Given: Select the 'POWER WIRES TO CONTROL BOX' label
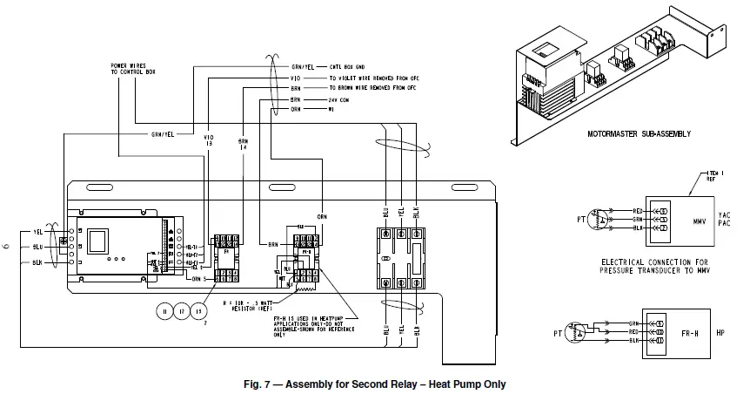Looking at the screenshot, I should point(130,67).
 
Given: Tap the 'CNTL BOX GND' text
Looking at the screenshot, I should point(351,66).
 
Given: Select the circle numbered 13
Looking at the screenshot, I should point(199,311).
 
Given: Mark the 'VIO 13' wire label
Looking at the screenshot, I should point(208,139).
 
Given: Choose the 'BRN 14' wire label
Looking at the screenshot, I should point(242,143).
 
